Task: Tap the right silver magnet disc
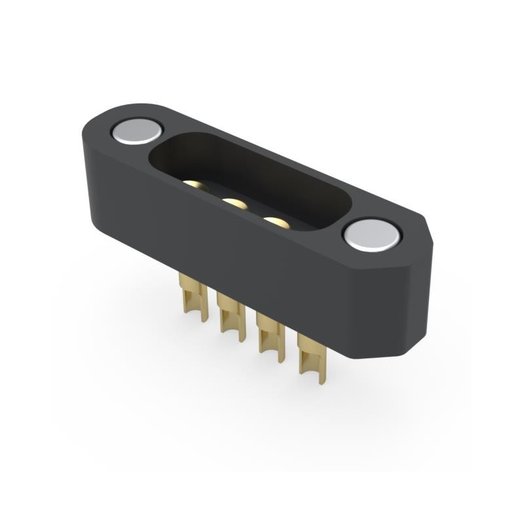(x=371, y=234)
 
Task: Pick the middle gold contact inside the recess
(x=234, y=204)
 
